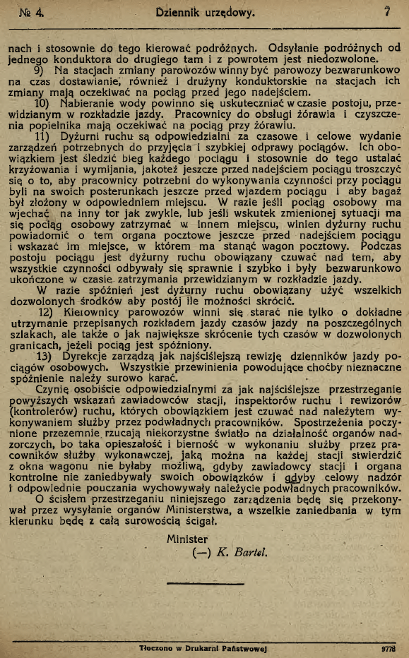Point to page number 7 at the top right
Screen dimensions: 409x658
point(387,11)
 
